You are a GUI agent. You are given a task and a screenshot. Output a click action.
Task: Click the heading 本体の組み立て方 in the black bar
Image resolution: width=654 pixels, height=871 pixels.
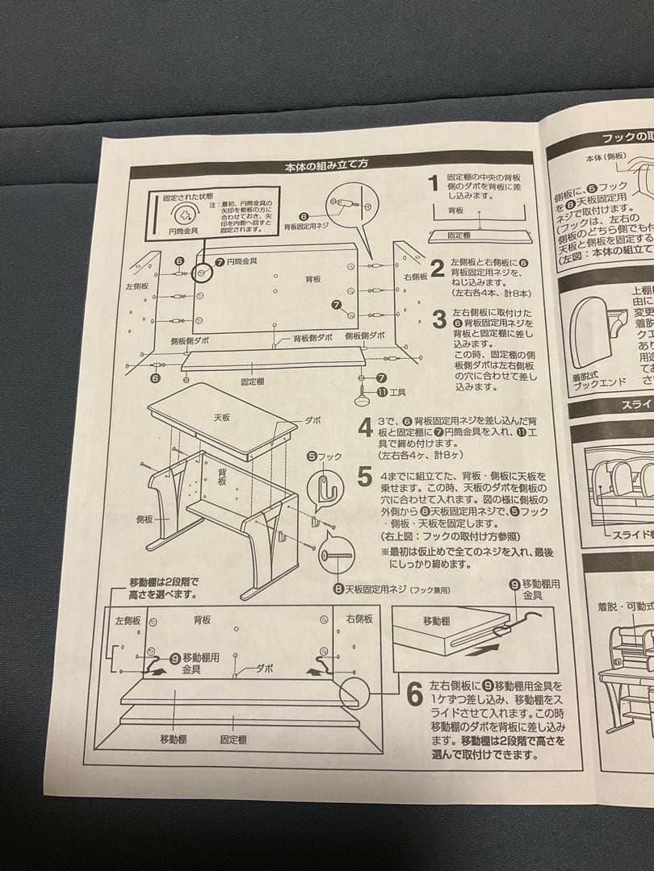[326, 165]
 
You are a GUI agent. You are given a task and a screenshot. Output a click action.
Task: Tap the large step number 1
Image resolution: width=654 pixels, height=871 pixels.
[434, 185]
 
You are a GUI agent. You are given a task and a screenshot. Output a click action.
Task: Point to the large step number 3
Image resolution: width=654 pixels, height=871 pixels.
[439, 319]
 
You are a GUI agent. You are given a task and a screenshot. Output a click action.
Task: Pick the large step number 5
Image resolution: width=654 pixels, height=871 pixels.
[365, 477]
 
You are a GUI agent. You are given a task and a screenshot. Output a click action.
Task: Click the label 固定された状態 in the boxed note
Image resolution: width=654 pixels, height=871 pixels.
[188, 197]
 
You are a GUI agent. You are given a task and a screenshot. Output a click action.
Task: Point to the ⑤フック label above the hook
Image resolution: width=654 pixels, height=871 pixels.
[325, 456]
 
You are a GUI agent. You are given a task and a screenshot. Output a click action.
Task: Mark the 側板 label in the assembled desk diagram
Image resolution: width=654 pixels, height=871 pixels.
[144, 519]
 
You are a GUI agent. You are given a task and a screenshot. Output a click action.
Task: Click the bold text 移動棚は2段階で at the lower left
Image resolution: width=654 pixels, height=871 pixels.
[163, 582]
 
